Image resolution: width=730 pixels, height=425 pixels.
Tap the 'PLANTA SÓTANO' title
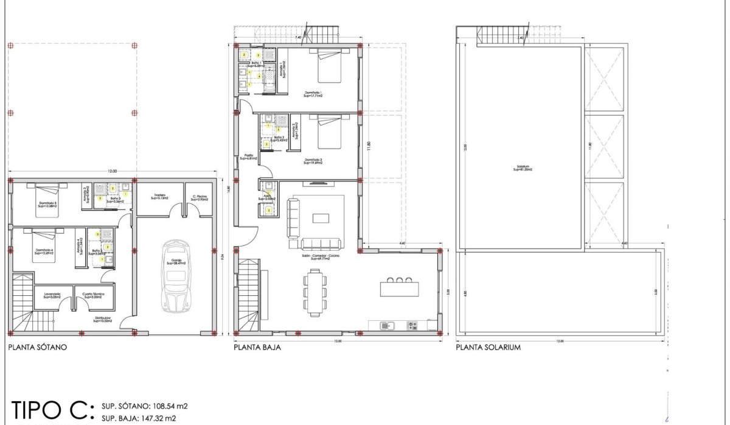[x=38, y=348]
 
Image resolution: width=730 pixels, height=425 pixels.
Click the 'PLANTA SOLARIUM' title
[x=488, y=348]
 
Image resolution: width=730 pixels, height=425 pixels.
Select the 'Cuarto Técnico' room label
[x=94, y=295]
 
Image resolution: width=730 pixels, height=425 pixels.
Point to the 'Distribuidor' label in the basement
[x=102, y=318]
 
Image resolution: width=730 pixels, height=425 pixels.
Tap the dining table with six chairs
[x=315, y=290]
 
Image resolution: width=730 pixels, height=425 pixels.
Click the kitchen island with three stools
[x=399, y=287]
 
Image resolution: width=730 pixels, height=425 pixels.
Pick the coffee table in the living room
[x=321, y=218]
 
